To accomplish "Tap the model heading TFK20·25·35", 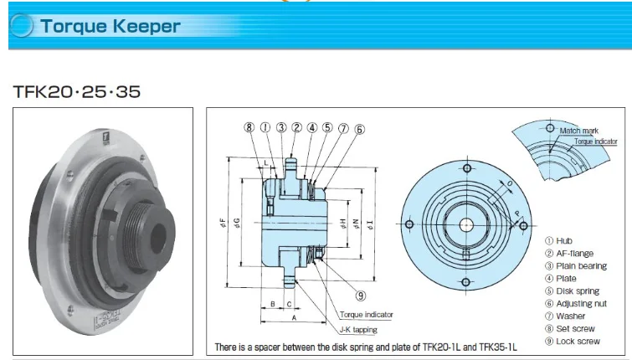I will (x=76, y=90).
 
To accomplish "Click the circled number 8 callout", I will (x=249, y=128).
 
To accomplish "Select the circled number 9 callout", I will (x=360, y=295).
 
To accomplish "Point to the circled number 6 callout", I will (x=359, y=129).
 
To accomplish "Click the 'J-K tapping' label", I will (x=358, y=330).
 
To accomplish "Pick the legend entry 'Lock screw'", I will (x=578, y=341).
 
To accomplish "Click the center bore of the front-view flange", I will (x=464, y=224).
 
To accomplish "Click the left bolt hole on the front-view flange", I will (x=408, y=225).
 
